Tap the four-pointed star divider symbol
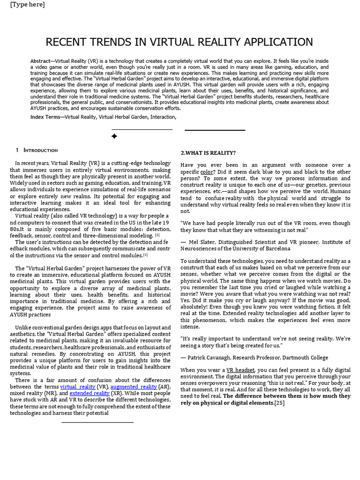[x=114, y=136]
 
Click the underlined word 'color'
[x=206, y=172]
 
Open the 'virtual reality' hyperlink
[x=78, y=387]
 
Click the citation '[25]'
[x=279, y=403]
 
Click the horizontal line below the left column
[x=97, y=422]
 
